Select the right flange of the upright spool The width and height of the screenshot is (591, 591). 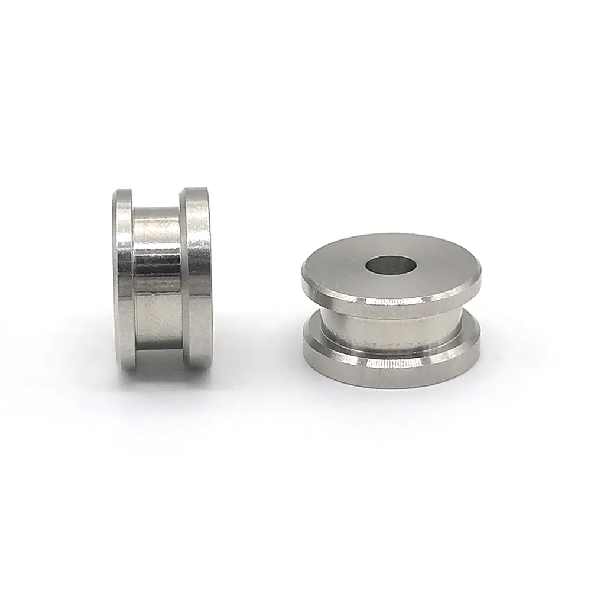(197, 278)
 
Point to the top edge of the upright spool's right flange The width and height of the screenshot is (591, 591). (197, 190)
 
